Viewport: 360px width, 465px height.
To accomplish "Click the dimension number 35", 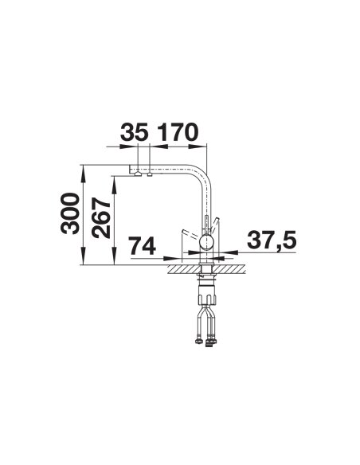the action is (x=134, y=132).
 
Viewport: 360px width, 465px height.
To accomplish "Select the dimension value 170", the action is (x=178, y=132).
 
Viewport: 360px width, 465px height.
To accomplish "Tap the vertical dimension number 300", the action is (x=70, y=213).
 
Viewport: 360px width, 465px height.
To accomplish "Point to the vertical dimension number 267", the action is (x=101, y=218).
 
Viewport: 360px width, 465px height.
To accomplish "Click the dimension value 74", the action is (x=143, y=245).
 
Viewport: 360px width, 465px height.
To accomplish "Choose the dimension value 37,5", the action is (x=272, y=240).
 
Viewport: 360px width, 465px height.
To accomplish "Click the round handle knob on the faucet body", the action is (x=206, y=242).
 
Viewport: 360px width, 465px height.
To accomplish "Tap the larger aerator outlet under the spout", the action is (x=138, y=174).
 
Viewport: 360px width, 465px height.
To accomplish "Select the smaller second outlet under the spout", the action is (x=150, y=174).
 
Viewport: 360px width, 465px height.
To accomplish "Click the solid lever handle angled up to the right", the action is (x=214, y=225).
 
